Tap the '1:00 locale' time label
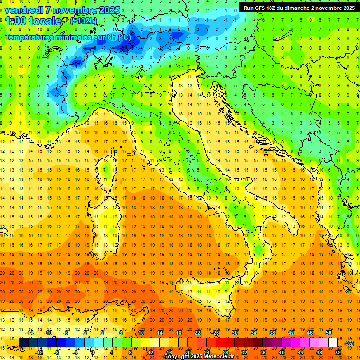pos(33,21)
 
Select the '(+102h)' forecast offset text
pos(83,21)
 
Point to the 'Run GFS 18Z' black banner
pos(299,8)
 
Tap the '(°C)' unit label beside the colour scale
pos(349,343)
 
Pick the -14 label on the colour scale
pos(30,333)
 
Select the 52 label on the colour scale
pos(338,352)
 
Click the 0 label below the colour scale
pos(93,352)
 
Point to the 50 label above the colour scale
pos(329,333)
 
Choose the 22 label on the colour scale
pos(197,333)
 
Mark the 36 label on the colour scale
pos(263,352)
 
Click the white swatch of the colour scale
pos(333,343)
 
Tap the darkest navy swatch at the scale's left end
pos(23,343)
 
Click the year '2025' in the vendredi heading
pos(108,9)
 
